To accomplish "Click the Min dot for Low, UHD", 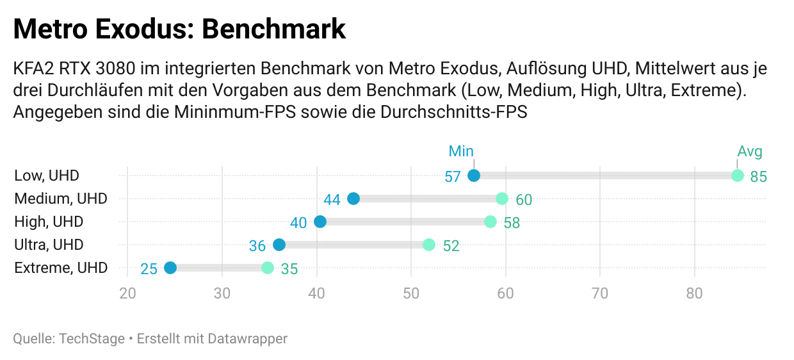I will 474,176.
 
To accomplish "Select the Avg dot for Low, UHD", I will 738,176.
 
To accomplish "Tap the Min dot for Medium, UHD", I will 353,199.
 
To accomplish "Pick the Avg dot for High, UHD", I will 490,222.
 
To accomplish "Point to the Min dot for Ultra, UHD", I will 279,245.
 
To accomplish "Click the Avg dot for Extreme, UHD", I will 268,268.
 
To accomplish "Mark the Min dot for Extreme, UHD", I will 170,268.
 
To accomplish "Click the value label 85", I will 759,177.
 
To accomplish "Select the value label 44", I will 332,200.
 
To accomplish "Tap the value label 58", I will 512,223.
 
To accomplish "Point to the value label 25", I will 149,269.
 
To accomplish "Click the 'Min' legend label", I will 461,151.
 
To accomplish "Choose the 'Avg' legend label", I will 750,151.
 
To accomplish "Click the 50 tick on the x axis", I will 411,294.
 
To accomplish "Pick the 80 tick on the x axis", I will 695,294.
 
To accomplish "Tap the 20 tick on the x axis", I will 127,294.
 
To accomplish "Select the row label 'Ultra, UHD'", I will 49,245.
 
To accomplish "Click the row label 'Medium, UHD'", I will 61,199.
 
